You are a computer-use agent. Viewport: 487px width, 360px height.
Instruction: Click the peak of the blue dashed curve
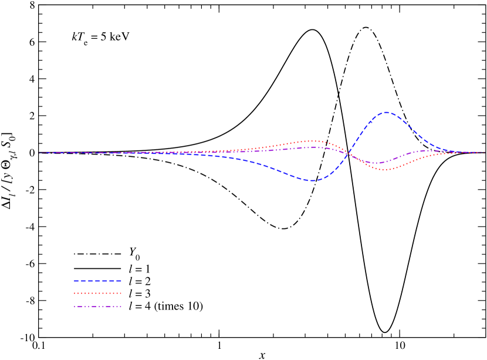coord(386,112)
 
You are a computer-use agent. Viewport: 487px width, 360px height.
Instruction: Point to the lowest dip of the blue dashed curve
coord(313,180)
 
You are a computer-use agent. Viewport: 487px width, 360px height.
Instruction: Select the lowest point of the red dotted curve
coord(384,170)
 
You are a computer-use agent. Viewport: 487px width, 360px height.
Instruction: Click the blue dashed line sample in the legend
coord(97,281)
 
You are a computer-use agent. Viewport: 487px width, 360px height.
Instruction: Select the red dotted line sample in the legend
coord(97,293)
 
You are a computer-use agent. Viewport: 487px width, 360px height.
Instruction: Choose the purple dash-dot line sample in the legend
coord(97,306)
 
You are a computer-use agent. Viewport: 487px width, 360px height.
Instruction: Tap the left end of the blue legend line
coord(74,281)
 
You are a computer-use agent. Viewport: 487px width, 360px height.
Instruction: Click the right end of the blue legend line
coord(121,281)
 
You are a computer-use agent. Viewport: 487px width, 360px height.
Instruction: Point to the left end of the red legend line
coord(74,293)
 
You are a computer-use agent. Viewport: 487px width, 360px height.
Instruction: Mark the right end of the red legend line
coord(121,293)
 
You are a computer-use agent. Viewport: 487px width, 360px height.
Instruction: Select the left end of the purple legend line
coord(74,306)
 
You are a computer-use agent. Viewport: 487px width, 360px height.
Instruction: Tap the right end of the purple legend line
coord(121,306)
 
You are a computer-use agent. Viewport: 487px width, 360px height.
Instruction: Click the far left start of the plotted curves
coord(39,153)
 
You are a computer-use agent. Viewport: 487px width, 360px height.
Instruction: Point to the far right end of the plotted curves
coord(485,152)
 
